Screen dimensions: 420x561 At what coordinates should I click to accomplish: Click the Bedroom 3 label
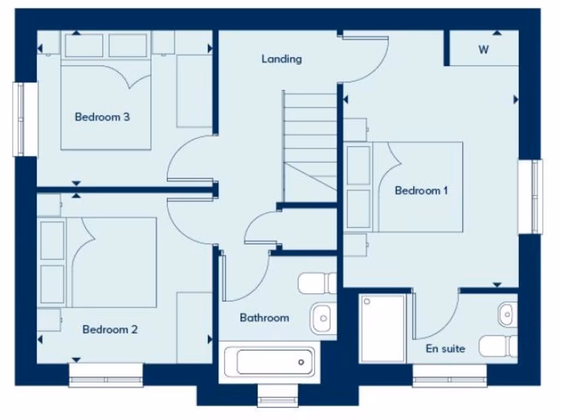102,117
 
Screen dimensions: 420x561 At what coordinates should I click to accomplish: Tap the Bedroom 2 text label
110,329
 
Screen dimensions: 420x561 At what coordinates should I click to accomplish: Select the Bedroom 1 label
421,190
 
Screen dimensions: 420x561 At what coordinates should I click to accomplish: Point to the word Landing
282,59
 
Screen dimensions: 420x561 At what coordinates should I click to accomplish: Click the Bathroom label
264,317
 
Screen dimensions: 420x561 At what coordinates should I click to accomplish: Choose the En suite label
445,348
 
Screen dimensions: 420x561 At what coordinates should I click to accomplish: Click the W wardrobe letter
483,50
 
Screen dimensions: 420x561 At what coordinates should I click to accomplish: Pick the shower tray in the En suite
383,328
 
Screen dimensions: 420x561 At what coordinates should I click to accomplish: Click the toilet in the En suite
498,346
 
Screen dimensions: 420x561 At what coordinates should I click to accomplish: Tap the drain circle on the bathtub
301,362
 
